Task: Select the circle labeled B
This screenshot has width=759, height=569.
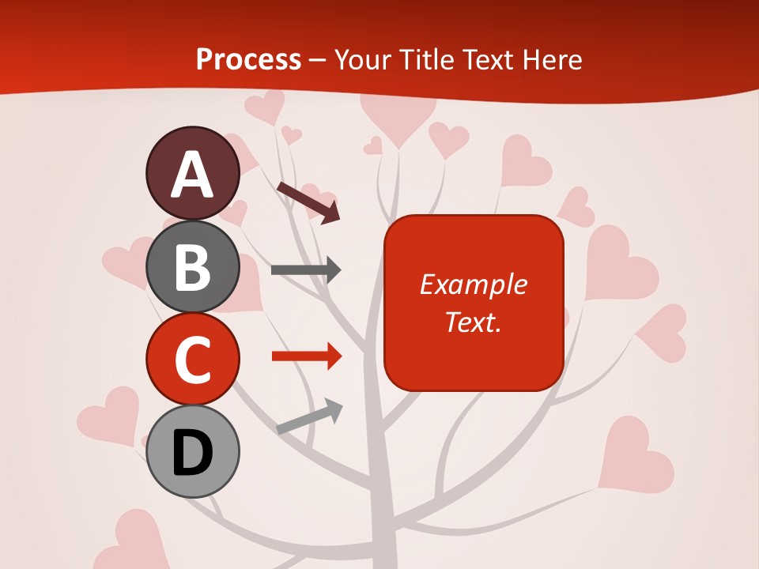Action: (193, 267)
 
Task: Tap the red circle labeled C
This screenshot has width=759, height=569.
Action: (193, 360)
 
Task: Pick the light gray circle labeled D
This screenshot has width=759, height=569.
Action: (193, 451)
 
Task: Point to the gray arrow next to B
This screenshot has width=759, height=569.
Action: (306, 270)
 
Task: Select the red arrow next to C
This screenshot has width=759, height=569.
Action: (307, 356)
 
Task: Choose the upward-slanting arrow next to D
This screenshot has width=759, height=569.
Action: (309, 416)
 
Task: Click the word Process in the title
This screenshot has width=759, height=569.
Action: (248, 59)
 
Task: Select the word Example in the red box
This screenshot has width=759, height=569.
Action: (473, 284)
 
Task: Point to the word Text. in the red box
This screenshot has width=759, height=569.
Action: (473, 322)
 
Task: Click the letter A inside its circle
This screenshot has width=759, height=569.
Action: (193, 175)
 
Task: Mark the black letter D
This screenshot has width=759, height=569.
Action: (193, 453)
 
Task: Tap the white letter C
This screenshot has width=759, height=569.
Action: (193, 360)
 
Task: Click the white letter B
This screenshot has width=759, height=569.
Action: (193, 267)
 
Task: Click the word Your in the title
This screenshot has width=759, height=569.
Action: (362, 59)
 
